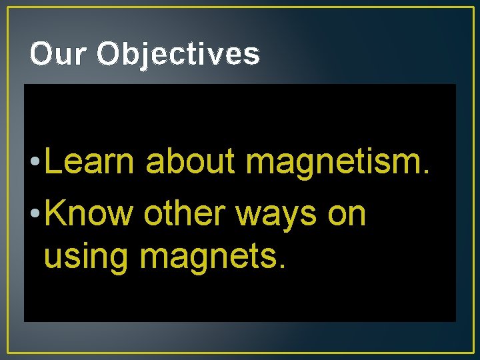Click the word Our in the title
click(x=58, y=55)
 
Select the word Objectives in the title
click(x=178, y=55)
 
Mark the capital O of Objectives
click(x=109, y=55)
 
